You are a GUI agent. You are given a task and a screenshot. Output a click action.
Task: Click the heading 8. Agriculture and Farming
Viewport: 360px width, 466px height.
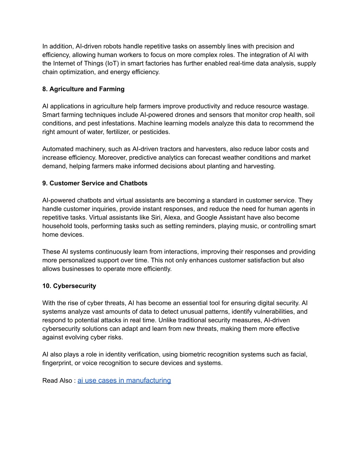point(83,89)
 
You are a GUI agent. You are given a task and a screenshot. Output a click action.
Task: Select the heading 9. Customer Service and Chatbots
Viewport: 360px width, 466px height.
point(95,183)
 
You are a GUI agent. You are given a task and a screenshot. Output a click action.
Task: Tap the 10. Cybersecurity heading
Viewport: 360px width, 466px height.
point(69,286)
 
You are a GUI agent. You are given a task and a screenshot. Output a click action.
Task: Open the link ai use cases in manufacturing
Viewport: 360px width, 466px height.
point(124,380)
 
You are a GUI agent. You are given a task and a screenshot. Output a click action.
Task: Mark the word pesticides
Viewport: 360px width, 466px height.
point(155,132)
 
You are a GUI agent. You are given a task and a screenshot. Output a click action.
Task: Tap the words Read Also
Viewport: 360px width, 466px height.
point(57,381)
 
